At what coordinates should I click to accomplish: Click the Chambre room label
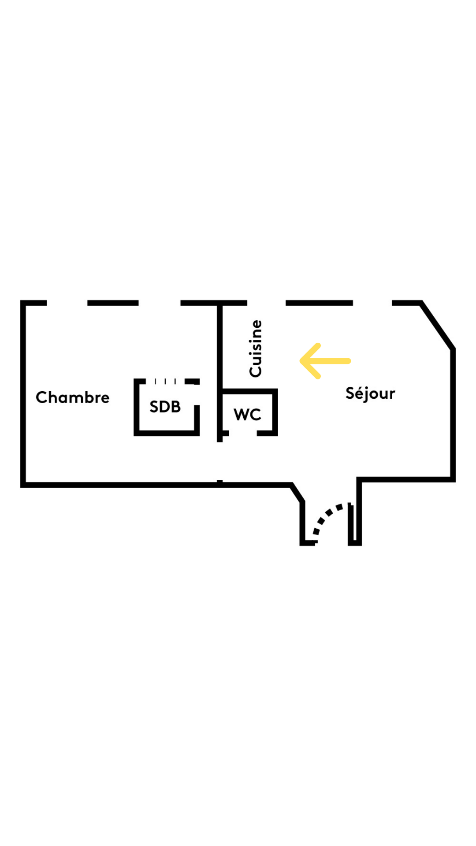[x=73, y=397]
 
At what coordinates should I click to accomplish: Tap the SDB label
[x=165, y=407]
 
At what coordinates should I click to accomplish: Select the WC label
[x=247, y=415]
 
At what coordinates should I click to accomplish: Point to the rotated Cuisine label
[x=256, y=349]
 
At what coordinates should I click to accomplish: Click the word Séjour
[x=370, y=393]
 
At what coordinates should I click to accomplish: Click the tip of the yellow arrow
[x=301, y=361]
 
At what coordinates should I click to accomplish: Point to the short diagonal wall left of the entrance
[x=298, y=493]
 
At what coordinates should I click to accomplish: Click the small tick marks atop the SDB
[x=165, y=381]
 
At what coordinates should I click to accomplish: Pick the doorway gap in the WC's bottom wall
[x=243, y=434]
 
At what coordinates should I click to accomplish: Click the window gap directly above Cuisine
[x=266, y=303]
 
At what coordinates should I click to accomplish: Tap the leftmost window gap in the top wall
[x=67, y=303]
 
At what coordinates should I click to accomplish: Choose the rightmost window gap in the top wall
[x=372, y=303]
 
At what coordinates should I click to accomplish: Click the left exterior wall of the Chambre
[x=23, y=392]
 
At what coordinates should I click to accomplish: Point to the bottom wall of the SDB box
[x=167, y=433]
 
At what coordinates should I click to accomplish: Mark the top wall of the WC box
[x=249, y=391]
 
